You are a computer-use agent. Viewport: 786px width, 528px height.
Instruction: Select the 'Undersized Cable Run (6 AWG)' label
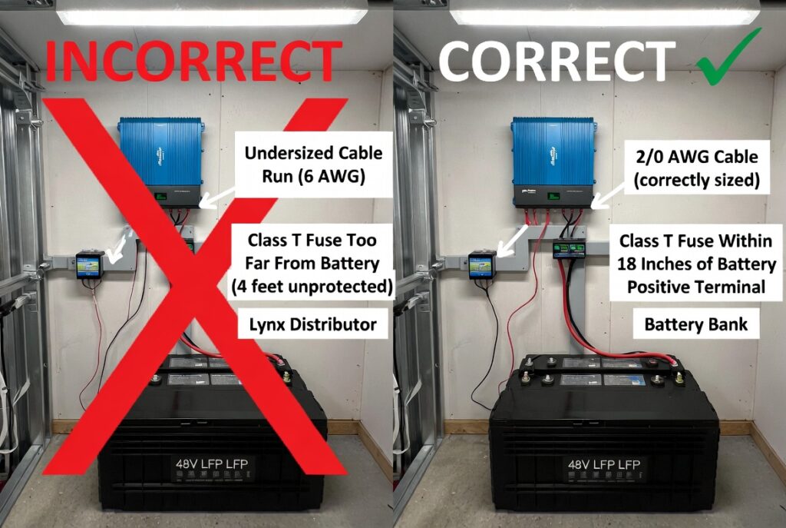point(312,164)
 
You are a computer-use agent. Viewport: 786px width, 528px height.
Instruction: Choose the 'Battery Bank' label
point(695,324)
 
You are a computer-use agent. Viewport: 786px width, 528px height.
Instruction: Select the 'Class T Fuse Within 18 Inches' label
point(695,264)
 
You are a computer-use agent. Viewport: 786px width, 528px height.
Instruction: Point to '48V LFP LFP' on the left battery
point(211,464)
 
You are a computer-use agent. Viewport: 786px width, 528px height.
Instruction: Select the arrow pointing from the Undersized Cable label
point(217,199)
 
